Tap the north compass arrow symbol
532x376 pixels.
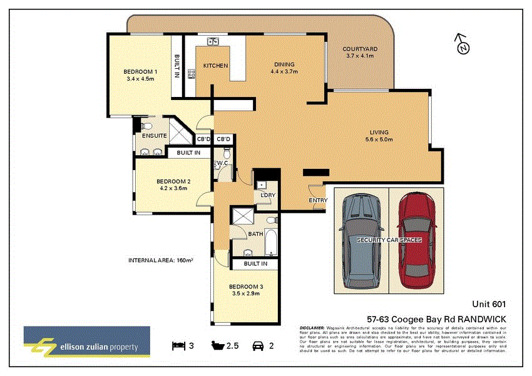click(x=462, y=44)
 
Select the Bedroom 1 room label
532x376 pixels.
click(x=141, y=75)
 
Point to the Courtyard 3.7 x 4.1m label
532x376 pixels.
click(x=360, y=52)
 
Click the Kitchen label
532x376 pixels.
click(x=215, y=66)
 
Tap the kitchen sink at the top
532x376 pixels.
click(x=213, y=42)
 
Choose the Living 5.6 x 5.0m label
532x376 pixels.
click(x=381, y=136)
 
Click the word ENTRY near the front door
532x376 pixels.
click(x=318, y=200)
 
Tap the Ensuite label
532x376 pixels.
click(x=153, y=136)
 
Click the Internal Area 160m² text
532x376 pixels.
click(x=160, y=260)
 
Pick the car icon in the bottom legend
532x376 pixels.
click(x=257, y=345)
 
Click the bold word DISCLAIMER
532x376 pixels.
click(x=312, y=327)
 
